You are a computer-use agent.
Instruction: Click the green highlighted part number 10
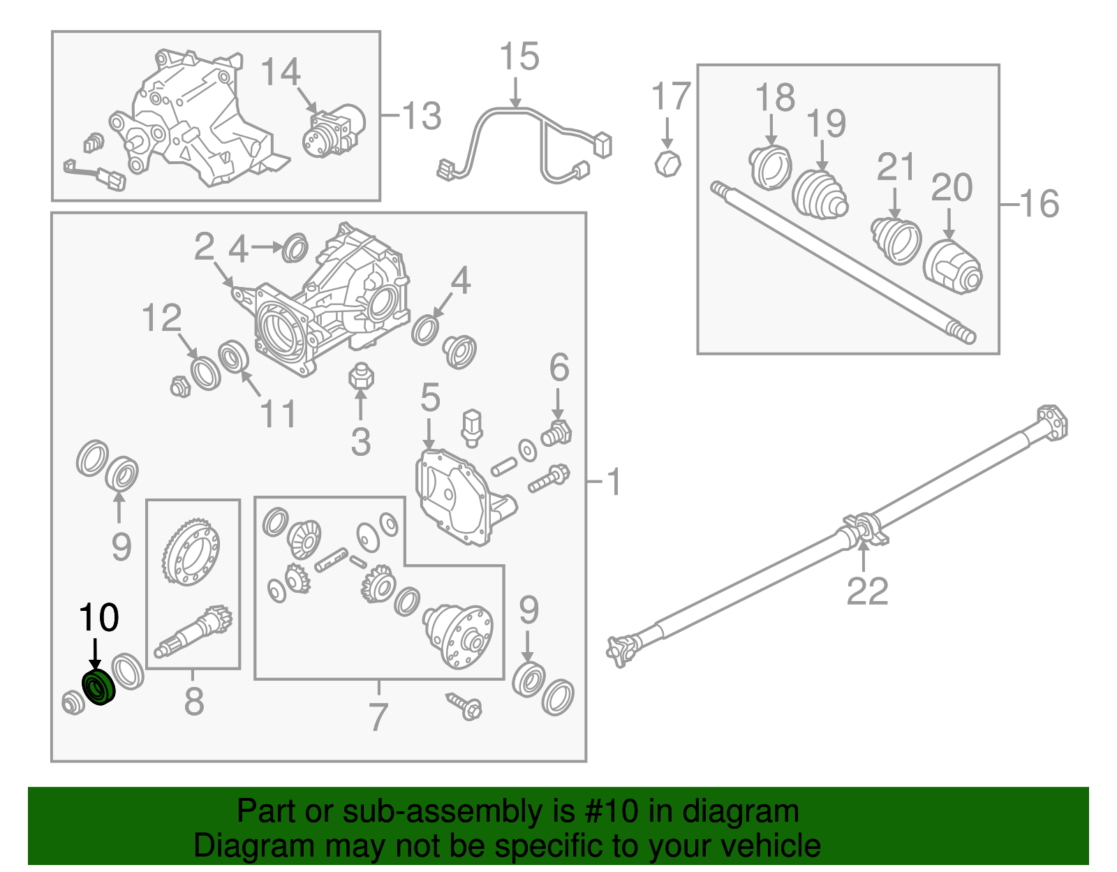pyautogui.click(x=98, y=687)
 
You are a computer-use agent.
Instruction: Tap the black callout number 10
pyautogui.click(x=98, y=617)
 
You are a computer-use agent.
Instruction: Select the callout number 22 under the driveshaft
pyautogui.click(x=867, y=591)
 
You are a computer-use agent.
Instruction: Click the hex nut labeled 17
pyautogui.click(x=667, y=164)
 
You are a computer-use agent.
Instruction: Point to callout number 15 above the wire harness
pyautogui.click(x=519, y=57)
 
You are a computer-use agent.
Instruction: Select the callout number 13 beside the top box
pyautogui.click(x=422, y=115)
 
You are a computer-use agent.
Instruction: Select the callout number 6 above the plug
pyautogui.click(x=558, y=367)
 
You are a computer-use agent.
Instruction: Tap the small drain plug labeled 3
pyautogui.click(x=361, y=377)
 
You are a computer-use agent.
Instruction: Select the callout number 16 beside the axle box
pyautogui.click(x=1040, y=203)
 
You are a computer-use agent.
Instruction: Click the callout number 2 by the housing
pyautogui.click(x=204, y=246)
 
